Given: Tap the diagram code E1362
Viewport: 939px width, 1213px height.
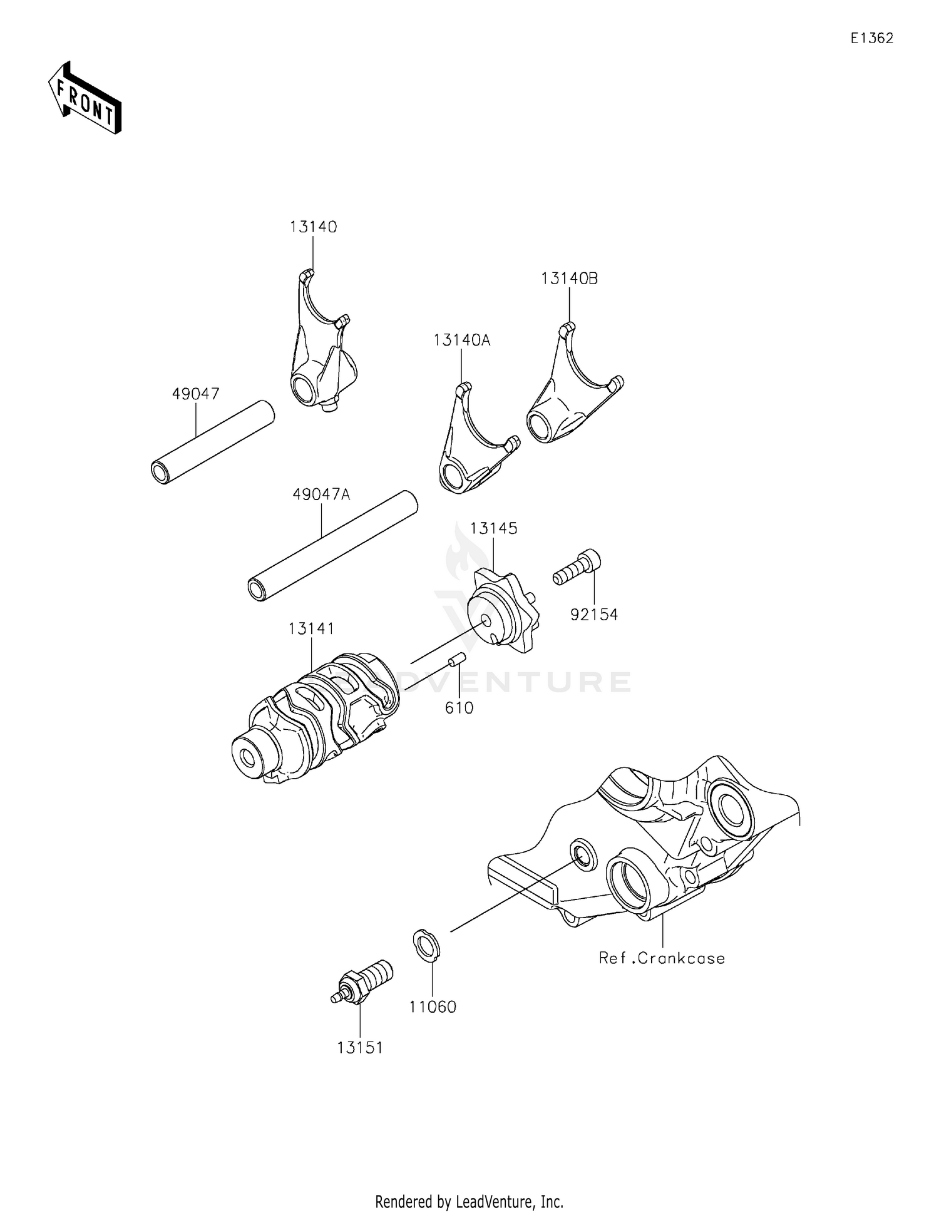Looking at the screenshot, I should tap(871, 38).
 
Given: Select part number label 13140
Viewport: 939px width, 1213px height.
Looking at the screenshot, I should tap(313, 227).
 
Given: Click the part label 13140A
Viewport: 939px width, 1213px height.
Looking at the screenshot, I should tap(462, 340).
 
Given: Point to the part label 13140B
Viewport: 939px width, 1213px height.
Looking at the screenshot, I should tap(569, 279).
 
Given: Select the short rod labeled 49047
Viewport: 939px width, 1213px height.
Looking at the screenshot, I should tap(213, 443).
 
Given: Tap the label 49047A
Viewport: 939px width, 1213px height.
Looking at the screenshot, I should tap(321, 494).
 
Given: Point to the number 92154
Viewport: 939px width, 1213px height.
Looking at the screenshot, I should tap(593, 615).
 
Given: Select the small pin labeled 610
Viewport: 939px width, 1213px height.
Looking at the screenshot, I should tap(455, 661).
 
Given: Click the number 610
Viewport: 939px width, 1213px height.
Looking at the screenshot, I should tap(459, 708).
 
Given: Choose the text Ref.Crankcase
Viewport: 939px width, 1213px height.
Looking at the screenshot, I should tap(662, 958).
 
